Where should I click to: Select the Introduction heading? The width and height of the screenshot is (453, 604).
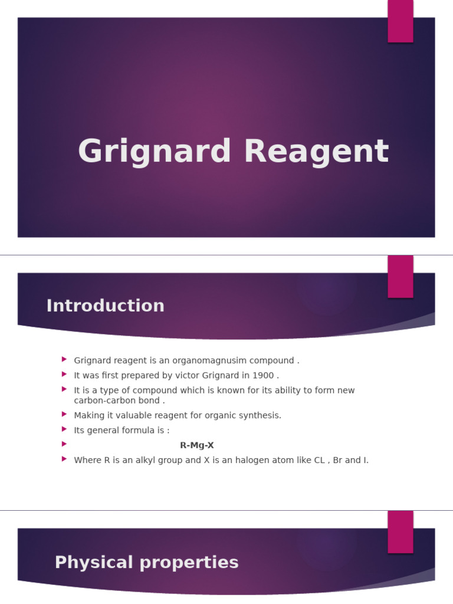(105, 306)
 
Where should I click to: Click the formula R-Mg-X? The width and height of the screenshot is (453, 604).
(197, 445)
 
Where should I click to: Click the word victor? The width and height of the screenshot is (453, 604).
(174, 375)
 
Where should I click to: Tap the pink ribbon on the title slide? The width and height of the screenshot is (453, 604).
(401, 21)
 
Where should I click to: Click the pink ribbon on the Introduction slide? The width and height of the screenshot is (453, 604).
(401, 276)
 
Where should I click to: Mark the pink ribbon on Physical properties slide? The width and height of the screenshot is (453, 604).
(401, 531)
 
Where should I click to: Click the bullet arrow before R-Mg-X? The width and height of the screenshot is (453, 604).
(64, 444)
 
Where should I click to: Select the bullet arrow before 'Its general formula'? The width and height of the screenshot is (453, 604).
(64, 429)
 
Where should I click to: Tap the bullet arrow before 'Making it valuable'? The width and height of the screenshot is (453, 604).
(64, 414)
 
